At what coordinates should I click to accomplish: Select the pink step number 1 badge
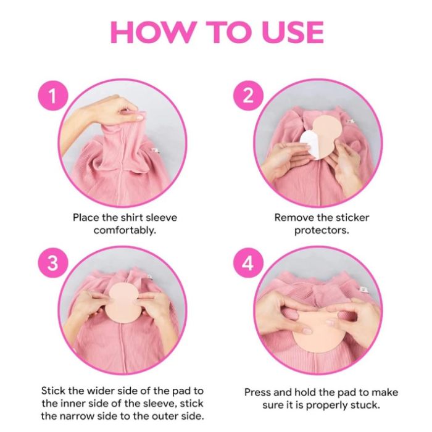[x=52, y=96]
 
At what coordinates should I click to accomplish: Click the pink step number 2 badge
[x=248, y=96]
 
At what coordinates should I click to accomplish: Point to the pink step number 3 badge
[x=52, y=262]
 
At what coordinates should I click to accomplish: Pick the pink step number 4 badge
[x=248, y=262]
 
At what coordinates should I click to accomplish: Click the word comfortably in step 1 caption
[x=125, y=230]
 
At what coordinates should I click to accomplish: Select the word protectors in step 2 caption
[x=322, y=230]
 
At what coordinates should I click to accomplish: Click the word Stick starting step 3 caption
[x=54, y=391]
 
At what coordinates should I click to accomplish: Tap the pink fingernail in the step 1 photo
[x=138, y=118]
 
